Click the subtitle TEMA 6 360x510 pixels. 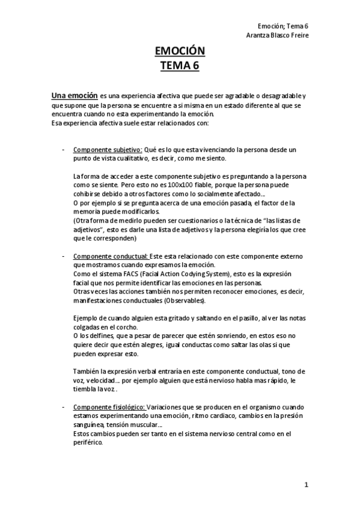pyautogui.click(x=180, y=66)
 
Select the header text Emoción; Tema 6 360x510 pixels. pyautogui.click(x=282, y=26)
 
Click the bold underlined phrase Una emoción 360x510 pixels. pyautogui.click(x=73, y=95)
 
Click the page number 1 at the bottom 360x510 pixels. pyautogui.click(x=306, y=485)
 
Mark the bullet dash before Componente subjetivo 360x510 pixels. pyautogui.click(x=64, y=149)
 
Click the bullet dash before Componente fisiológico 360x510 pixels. pyautogui.click(x=64, y=407)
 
